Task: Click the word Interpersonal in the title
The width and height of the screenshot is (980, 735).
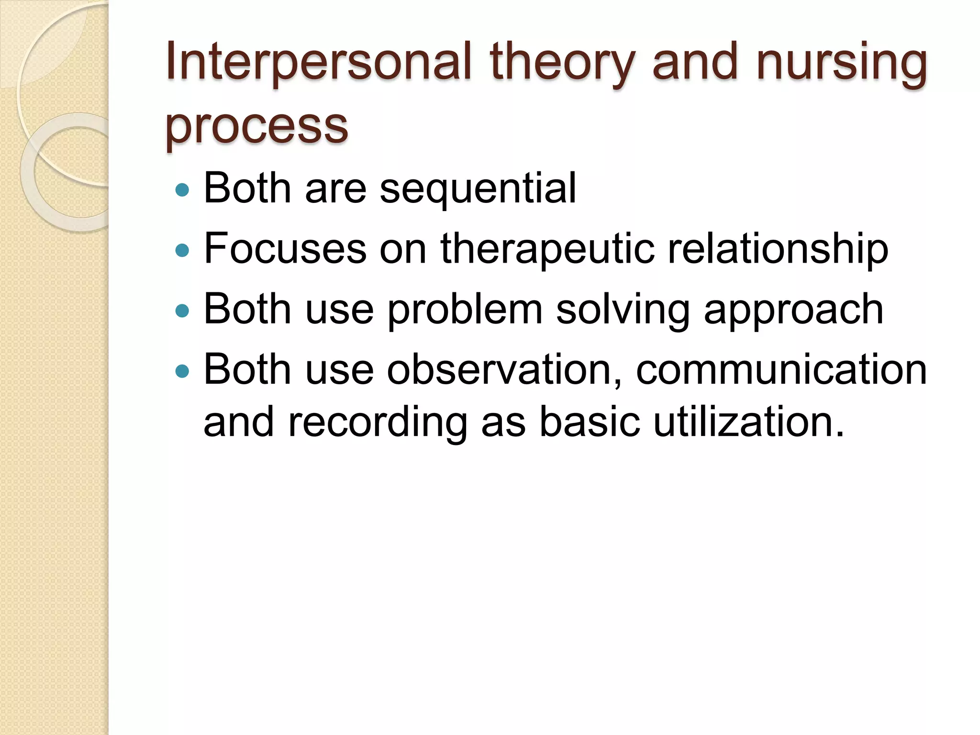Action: tap(319, 62)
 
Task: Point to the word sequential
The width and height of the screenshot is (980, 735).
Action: tap(478, 189)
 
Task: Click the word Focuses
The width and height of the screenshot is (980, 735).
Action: tap(285, 249)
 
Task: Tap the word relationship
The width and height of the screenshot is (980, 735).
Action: tap(778, 249)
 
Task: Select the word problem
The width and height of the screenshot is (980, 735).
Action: tap(465, 310)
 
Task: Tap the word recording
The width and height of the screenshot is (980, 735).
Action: tap(378, 422)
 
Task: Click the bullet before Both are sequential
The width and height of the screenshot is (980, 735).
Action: tap(182, 190)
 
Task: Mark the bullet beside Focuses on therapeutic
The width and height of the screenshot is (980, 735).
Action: tap(182, 250)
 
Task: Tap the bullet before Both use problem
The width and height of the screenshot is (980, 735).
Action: tap(182, 311)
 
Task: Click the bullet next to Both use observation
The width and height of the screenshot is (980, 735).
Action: tap(182, 371)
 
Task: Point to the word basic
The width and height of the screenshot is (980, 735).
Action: tap(589, 422)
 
